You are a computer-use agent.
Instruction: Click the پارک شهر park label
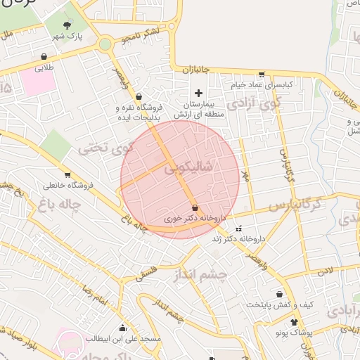point(70,36)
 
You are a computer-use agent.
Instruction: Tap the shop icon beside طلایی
point(45,58)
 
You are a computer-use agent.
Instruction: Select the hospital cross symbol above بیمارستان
point(198,93)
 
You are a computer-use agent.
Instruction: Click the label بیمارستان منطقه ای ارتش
point(198,109)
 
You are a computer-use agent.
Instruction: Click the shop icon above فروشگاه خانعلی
point(67,175)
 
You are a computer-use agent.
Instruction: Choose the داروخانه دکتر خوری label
point(188,219)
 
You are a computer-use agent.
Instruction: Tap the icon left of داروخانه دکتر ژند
point(238,229)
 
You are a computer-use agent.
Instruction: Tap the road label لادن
point(324,270)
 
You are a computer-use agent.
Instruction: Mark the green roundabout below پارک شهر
point(105,44)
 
